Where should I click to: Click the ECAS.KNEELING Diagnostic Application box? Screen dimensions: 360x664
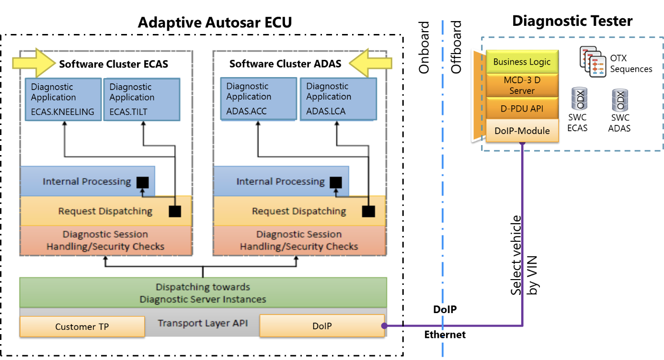click(62, 99)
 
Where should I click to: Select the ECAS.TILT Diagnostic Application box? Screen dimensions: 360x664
click(141, 99)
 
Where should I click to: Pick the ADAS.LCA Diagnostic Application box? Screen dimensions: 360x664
click(338, 99)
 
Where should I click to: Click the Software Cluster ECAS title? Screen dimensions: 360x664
click(114, 64)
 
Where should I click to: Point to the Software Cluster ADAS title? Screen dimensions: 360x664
click(285, 64)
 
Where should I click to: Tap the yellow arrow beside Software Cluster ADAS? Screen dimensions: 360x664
click(371, 63)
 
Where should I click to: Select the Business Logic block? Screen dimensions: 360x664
click(522, 62)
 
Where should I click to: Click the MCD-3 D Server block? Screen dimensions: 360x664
click(522, 85)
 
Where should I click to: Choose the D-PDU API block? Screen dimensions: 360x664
click(522, 109)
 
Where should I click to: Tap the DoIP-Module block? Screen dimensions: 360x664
click(522, 131)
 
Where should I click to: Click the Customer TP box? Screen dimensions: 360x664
click(82, 326)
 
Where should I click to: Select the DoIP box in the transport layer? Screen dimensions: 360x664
click(321, 326)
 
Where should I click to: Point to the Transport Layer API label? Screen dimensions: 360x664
click(203, 323)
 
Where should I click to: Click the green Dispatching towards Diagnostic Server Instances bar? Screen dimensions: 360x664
click(203, 292)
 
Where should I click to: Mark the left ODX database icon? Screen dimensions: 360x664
click(580, 99)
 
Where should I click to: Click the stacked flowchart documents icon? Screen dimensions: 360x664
click(593, 62)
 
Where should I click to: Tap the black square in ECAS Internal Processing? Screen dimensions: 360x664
click(142, 182)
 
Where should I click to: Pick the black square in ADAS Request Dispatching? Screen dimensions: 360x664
click(368, 211)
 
